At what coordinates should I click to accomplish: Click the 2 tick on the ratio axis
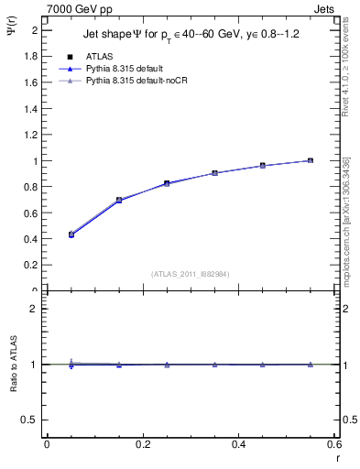35,310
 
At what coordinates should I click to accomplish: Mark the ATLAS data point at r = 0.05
71,234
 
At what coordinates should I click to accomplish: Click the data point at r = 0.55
311,160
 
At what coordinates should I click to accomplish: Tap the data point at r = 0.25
167,183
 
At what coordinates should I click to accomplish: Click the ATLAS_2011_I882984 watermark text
191,273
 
